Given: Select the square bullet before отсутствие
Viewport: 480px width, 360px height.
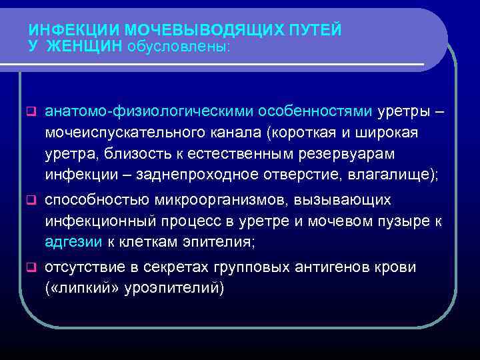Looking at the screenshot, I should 30,269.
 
